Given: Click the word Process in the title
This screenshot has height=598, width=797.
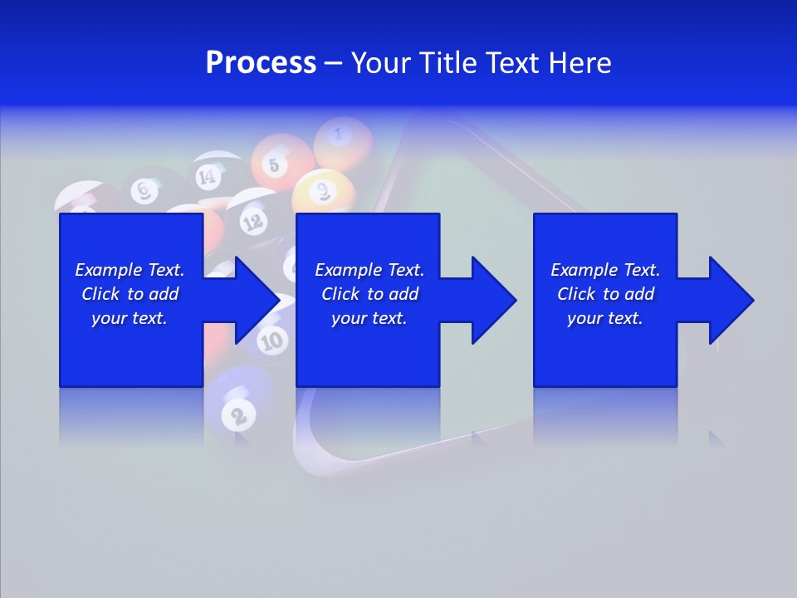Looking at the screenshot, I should tap(261, 63).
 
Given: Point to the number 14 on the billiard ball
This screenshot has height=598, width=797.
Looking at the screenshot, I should tap(206, 176).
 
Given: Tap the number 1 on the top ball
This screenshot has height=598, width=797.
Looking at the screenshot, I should tap(338, 132).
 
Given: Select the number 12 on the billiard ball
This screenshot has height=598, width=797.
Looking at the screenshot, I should tap(253, 221).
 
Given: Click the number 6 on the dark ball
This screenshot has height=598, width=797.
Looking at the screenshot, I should tap(144, 191).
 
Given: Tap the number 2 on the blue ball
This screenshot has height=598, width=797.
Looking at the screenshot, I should tap(238, 415).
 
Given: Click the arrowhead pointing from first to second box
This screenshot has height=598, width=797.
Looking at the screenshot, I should tap(257, 300).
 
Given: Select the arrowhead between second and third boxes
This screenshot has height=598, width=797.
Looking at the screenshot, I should tap(494, 300).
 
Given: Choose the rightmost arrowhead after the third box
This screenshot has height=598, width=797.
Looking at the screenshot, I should tap(731, 300).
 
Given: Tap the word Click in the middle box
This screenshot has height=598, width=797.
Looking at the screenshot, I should tap(342, 294).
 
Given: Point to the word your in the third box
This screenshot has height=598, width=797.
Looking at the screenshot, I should tap(585, 318).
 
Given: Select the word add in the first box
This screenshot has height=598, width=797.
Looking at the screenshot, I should tap(164, 294).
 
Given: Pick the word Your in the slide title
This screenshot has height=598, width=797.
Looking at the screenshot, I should tap(379, 63).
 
